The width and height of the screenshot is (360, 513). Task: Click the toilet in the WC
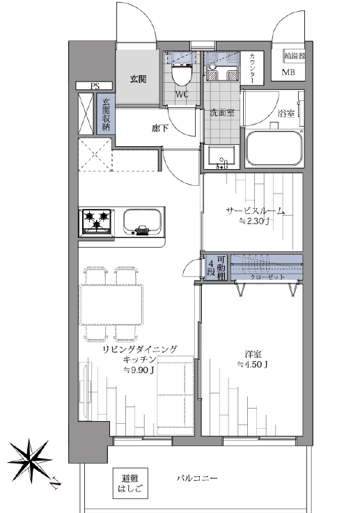[182, 70]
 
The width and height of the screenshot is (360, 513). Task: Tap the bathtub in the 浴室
[274, 149]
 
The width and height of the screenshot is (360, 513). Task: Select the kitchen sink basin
[142, 222]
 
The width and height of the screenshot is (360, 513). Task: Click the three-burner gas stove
[97, 222]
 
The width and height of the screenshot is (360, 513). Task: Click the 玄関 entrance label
[138, 79]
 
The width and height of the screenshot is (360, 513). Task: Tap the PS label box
[95, 86]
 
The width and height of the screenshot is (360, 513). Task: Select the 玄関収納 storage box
[105, 114]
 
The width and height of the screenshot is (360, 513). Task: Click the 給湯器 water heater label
[295, 56]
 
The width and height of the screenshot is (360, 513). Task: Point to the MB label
[288, 72]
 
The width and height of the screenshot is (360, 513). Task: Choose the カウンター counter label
[252, 68]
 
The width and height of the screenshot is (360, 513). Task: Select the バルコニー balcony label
[197, 479]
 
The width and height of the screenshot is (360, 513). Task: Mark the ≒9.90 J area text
[139, 370]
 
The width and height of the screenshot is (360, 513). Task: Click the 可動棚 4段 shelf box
[217, 267]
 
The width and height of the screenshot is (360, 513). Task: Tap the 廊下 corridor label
[159, 128]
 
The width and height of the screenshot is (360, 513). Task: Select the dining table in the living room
[111, 305]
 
